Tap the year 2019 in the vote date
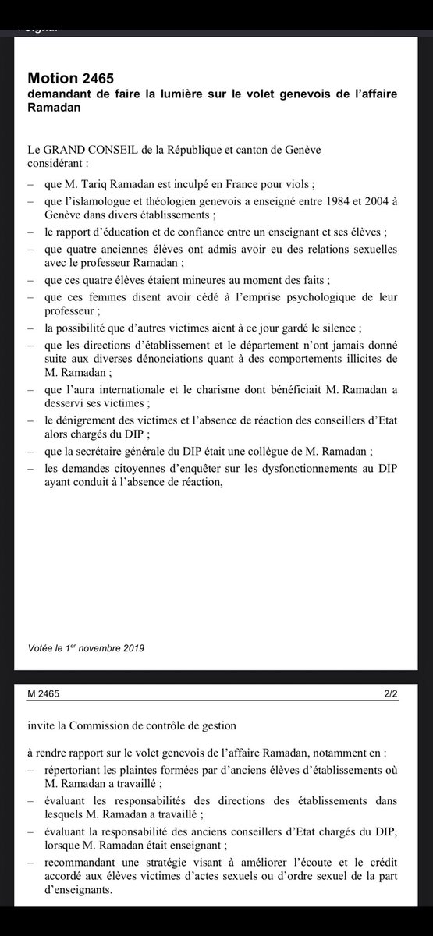click(x=129, y=647)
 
